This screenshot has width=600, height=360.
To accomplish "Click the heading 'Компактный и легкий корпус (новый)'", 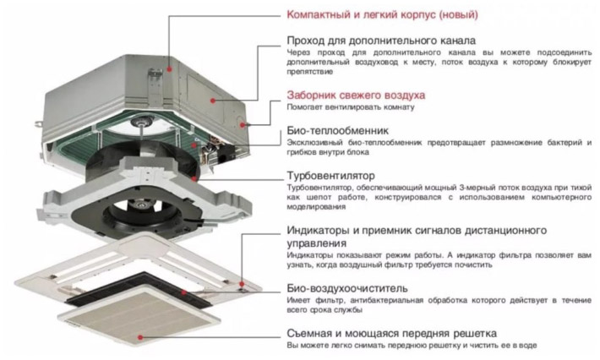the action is click(x=382, y=15).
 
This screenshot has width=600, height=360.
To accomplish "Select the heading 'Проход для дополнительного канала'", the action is click(x=381, y=41).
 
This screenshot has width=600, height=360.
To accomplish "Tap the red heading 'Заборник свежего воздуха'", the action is click(x=356, y=95).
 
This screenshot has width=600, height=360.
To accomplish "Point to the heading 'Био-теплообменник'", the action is click(x=337, y=131).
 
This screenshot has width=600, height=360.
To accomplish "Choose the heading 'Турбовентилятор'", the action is click(x=330, y=176).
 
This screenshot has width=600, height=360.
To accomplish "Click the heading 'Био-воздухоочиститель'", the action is click(x=347, y=288).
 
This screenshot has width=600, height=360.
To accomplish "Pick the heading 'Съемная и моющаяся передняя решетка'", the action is click(x=392, y=334).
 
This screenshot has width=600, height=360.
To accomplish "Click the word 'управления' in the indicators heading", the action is click(x=317, y=243).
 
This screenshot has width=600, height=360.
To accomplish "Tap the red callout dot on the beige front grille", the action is click(x=141, y=337).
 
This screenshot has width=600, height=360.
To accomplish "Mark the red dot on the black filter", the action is click(x=184, y=292).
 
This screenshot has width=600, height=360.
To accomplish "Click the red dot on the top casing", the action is click(x=169, y=69).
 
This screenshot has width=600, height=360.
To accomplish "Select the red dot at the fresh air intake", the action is click(x=243, y=125).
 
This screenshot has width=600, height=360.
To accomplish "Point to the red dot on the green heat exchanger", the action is click(x=194, y=145).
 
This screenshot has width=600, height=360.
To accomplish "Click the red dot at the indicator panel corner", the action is click(x=242, y=284).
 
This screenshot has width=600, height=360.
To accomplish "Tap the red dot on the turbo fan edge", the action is click(x=194, y=178).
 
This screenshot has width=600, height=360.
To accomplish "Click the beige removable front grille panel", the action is click(x=139, y=315).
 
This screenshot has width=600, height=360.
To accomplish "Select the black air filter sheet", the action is click(x=139, y=289).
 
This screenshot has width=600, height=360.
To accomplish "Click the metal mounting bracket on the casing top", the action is click(x=155, y=87).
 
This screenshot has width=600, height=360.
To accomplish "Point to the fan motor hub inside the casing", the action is click(x=142, y=122).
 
